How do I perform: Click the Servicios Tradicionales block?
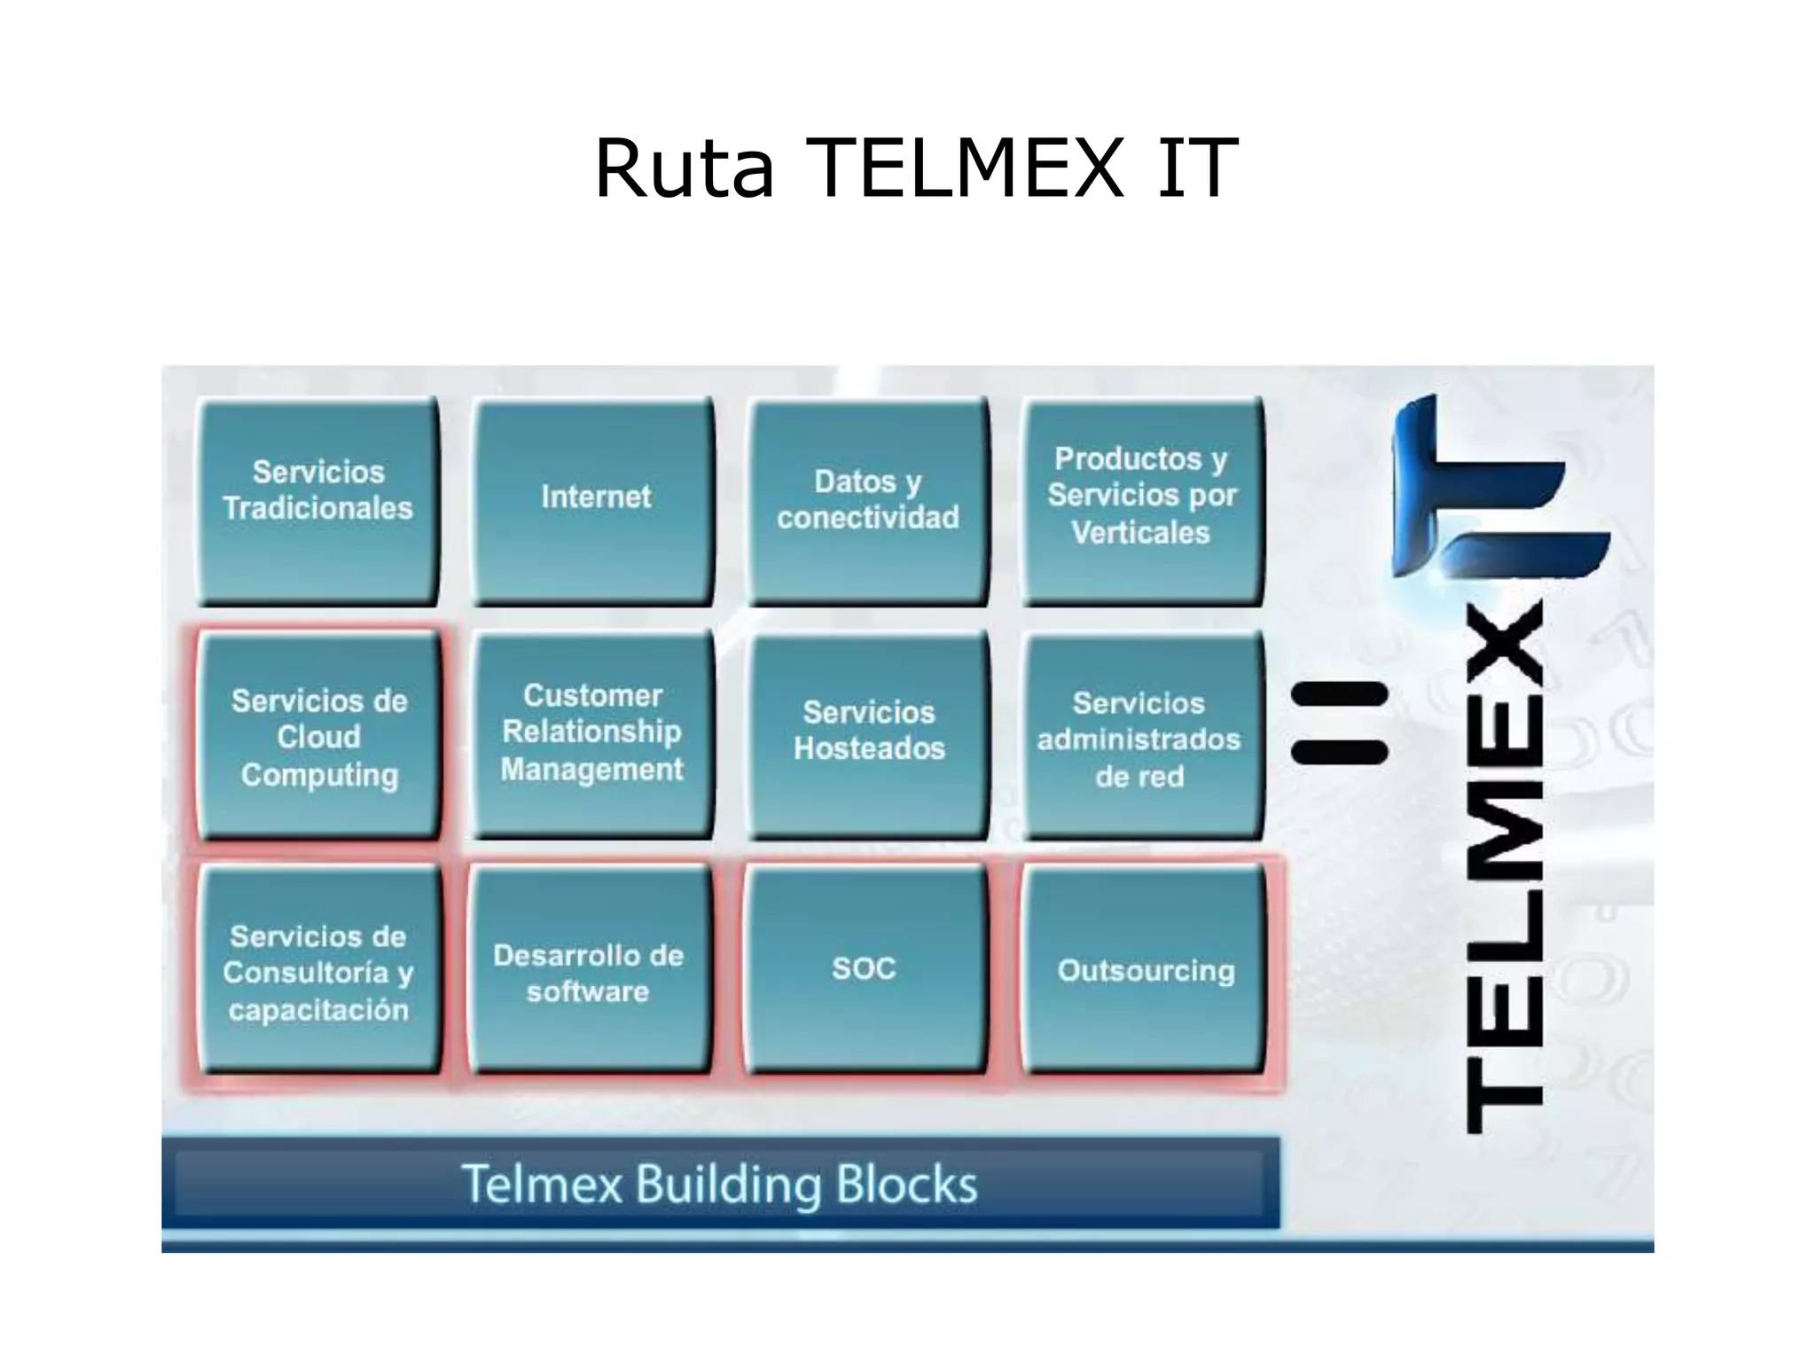point(318,500)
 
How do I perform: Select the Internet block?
point(594,500)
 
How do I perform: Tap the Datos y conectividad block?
point(869,500)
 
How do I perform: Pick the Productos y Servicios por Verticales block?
point(1142,500)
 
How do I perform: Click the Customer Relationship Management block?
point(592,734)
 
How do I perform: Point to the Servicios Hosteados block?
point(869,734)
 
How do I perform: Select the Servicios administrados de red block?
point(1140,736)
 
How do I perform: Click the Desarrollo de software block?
point(589,972)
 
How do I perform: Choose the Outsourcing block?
point(1144,970)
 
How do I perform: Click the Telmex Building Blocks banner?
point(720,1184)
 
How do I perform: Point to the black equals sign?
point(1340,724)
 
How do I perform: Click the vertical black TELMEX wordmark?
point(1506,869)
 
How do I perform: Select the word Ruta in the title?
point(684,168)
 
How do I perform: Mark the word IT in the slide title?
point(1197,168)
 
